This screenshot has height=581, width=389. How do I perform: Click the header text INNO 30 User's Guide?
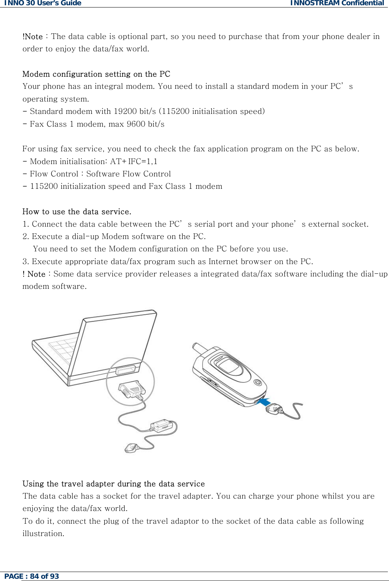pyautogui.click(x=42, y=3)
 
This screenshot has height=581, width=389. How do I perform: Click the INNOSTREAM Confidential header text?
pyautogui.click(x=337, y=3)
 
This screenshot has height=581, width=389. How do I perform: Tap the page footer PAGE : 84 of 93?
pyautogui.click(x=32, y=576)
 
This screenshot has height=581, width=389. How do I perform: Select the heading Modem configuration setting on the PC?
pyautogui.click(x=96, y=74)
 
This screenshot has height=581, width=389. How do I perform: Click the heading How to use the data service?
pyautogui.click(x=77, y=212)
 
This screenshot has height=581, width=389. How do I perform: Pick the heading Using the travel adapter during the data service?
pyautogui.click(x=113, y=484)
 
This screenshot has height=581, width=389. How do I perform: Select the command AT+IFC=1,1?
pyautogui.click(x=134, y=161)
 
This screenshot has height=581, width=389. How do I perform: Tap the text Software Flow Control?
pyautogui.click(x=128, y=174)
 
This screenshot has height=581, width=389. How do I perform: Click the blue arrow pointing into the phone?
pyautogui.click(x=265, y=402)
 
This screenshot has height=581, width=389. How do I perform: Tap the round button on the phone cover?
pyautogui.click(x=258, y=382)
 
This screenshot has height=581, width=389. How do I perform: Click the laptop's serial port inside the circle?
pyautogui.click(x=126, y=370)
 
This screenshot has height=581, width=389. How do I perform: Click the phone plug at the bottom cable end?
pyautogui.click(x=131, y=448)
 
